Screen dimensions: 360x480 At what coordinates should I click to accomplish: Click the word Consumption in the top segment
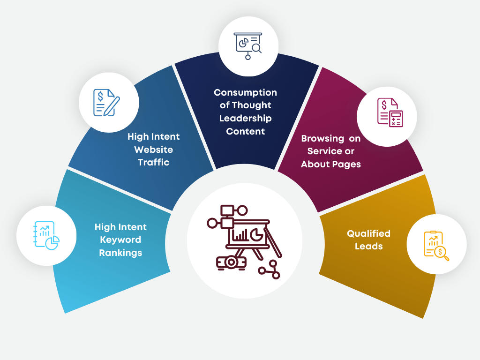(x=245, y=92)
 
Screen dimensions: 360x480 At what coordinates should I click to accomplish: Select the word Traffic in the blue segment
(x=153, y=163)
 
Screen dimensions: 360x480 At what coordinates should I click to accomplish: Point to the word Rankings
(x=120, y=253)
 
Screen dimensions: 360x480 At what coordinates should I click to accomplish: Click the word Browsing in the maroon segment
(x=322, y=138)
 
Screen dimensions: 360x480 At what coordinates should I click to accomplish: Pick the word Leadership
(x=245, y=118)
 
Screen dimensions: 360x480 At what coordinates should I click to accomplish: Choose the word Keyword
(x=120, y=240)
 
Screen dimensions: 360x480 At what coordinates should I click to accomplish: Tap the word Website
(x=153, y=150)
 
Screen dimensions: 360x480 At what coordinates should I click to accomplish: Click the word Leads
(x=368, y=246)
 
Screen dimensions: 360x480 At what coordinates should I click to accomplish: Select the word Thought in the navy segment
(x=252, y=105)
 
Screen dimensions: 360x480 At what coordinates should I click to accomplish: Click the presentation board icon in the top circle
(x=247, y=46)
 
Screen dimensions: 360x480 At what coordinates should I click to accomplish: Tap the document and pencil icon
(x=106, y=102)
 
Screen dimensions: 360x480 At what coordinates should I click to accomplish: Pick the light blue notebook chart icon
(x=46, y=236)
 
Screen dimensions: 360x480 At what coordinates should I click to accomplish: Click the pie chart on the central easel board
(x=256, y=234)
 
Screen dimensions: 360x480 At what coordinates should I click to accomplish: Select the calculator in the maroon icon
(x=396, y=119)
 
